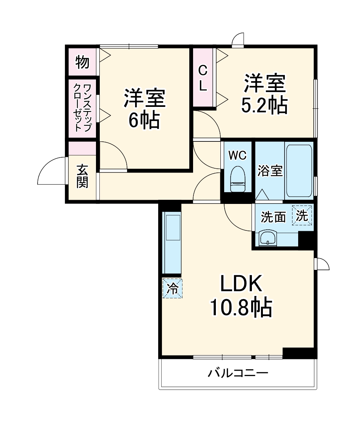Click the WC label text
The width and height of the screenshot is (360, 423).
[237, 155]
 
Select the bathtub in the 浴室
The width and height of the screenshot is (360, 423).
[299, 171]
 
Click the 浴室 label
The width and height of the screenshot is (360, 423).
[270, 171]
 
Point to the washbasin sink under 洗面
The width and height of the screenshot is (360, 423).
[267, 238]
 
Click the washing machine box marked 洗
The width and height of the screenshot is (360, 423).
[302, 215]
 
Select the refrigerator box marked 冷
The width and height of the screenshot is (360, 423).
[172, 288]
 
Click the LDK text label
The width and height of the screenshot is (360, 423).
[241, 283]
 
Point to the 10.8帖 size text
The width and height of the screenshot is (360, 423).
[241, 307]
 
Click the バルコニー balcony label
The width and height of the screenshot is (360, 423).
[237, 373]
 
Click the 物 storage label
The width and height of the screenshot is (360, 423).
[82, 62]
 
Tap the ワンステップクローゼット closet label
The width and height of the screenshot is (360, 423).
[82, 108]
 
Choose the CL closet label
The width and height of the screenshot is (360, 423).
[203, 78]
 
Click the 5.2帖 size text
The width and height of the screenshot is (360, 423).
[264, 105]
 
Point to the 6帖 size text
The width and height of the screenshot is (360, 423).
[145, 120]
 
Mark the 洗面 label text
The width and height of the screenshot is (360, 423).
[273, 217]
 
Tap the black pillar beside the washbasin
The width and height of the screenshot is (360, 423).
[306, 240]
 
